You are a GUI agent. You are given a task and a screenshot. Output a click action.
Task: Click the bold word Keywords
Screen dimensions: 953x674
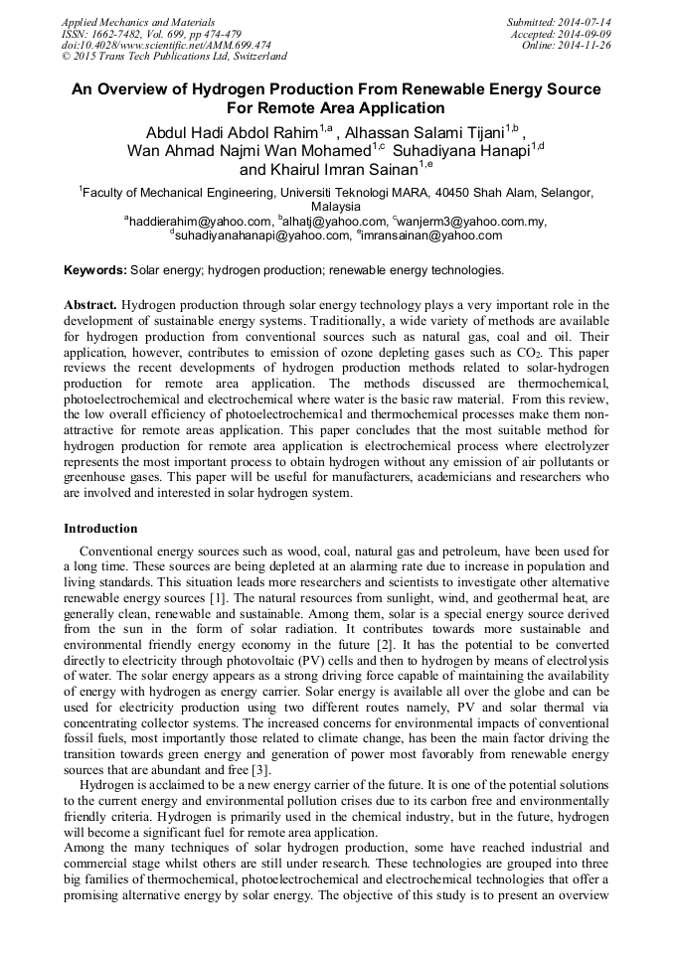pos(94,270)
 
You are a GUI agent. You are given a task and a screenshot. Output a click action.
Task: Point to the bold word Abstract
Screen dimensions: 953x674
pos(89,305)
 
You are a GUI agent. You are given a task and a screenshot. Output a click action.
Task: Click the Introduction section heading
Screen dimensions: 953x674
pos(100,529)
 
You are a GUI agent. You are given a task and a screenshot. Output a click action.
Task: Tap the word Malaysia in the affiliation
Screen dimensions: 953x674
pos(337,207)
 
